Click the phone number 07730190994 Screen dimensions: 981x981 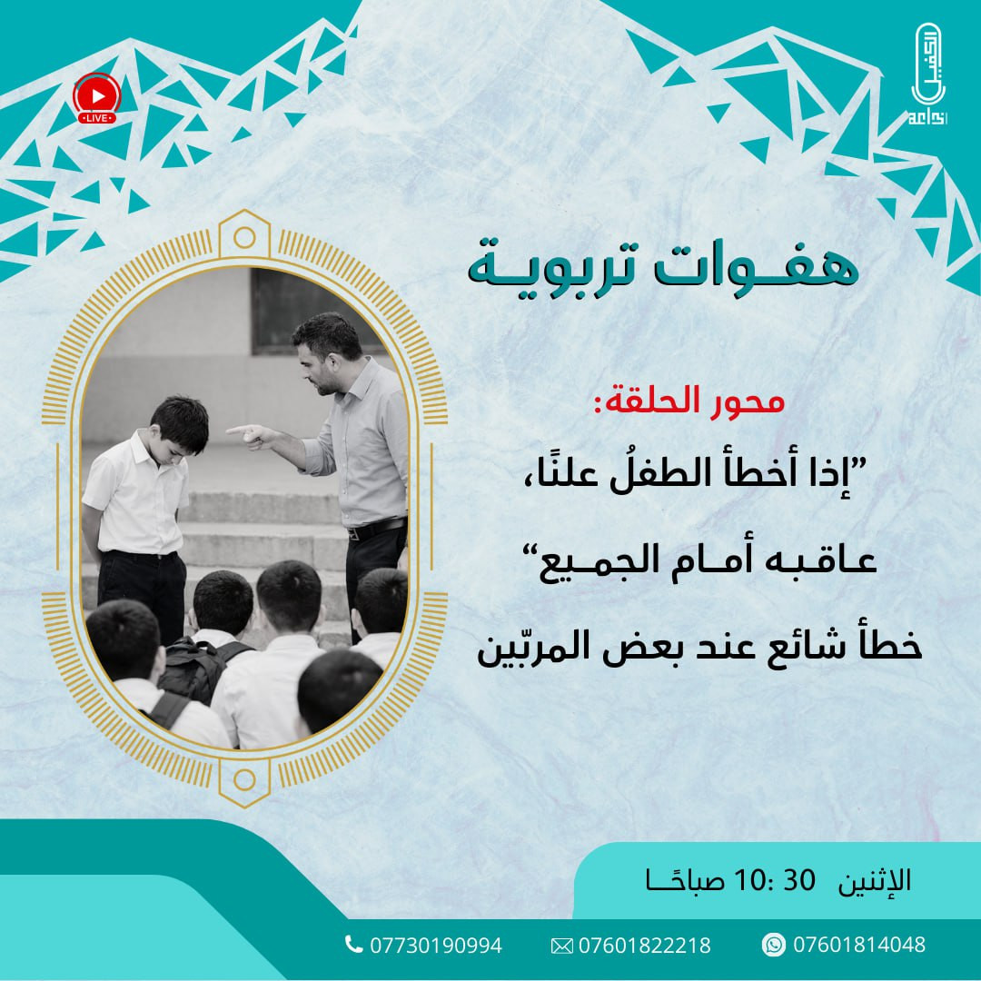(435, 946)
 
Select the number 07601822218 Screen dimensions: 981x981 (644, 946)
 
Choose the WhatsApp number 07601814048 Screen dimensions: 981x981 (858, 945)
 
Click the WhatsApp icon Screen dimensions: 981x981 (773, 945)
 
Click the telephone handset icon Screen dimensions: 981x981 (353, 945)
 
